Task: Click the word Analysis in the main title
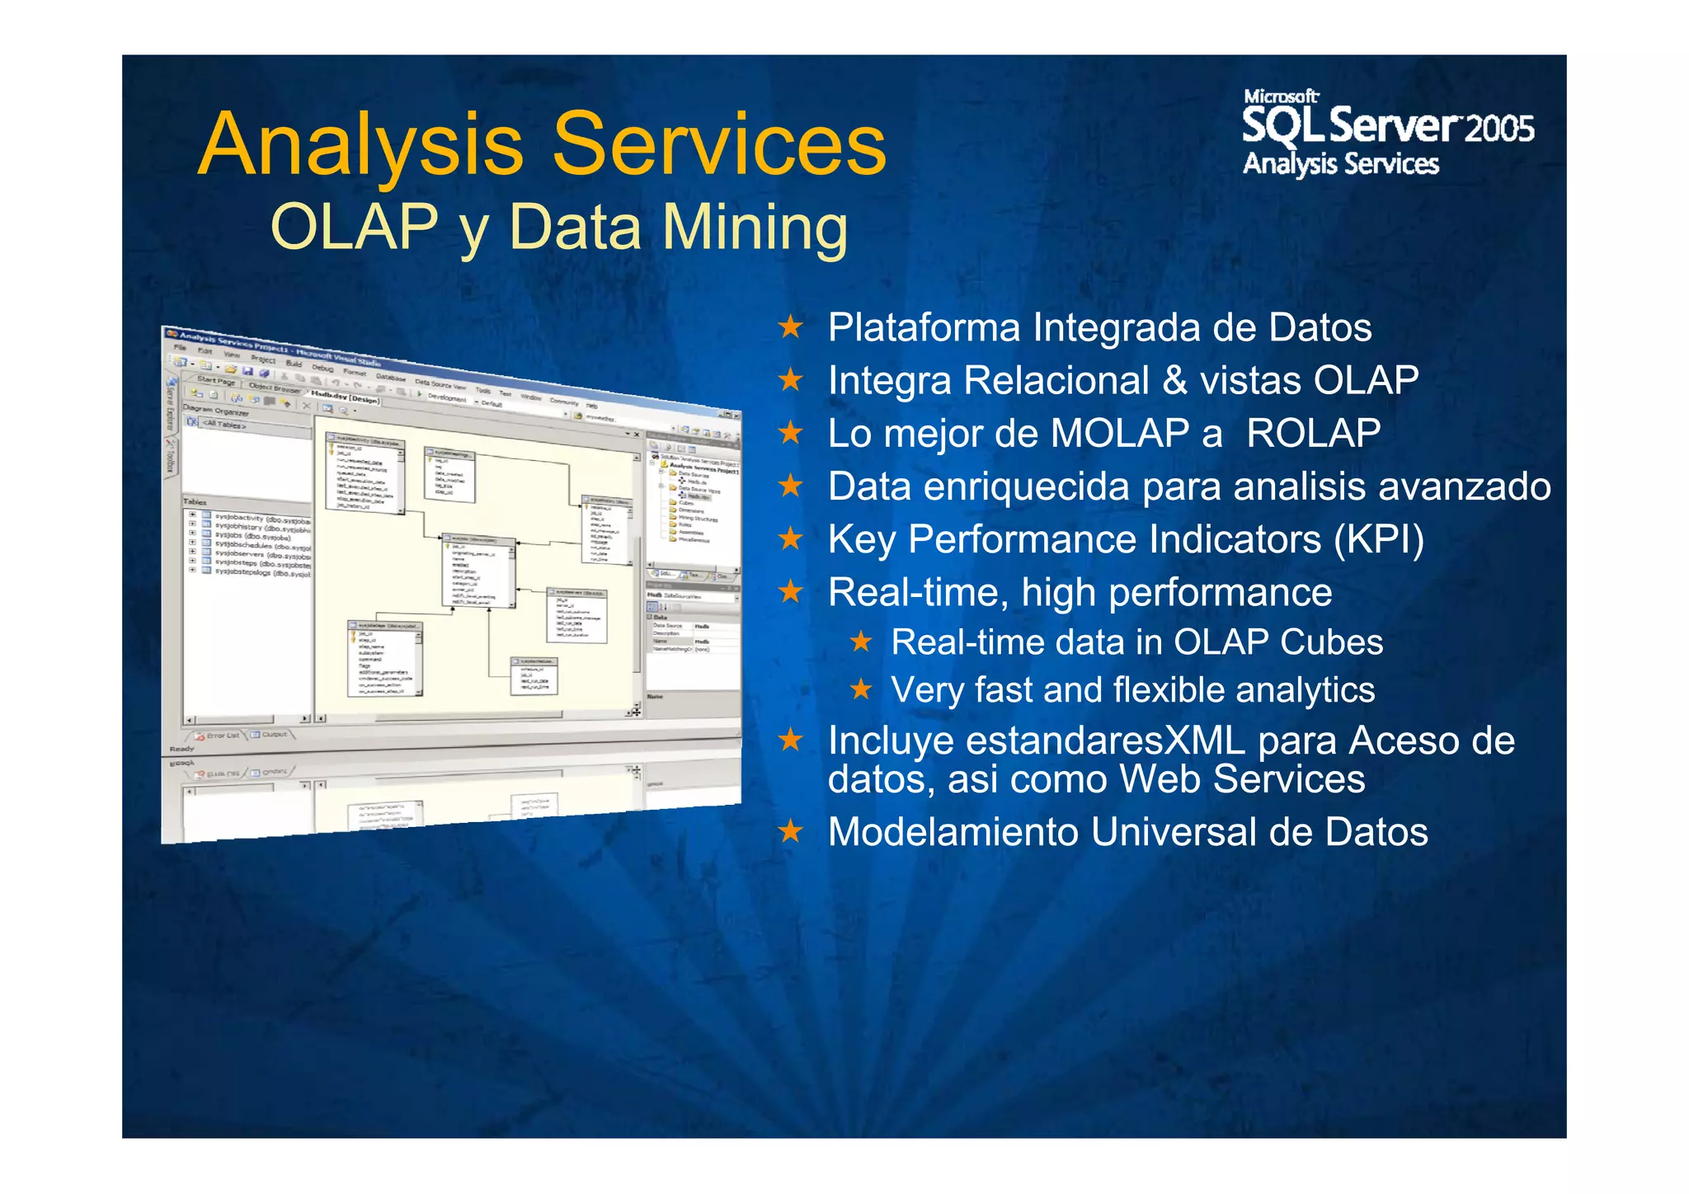[x=360, y=145]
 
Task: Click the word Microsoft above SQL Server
[x=1281, y=96]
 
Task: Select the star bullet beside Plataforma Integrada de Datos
[x=790, y=327]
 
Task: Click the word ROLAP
[x=1313, y=434]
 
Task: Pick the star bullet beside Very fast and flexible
[x=860, y=689]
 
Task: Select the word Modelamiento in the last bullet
[x=953, y=832]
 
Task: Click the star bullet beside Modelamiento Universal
[x=790, y=831]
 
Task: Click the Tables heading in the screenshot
[x=195, y=501]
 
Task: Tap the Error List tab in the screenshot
[x=221, y=735]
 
